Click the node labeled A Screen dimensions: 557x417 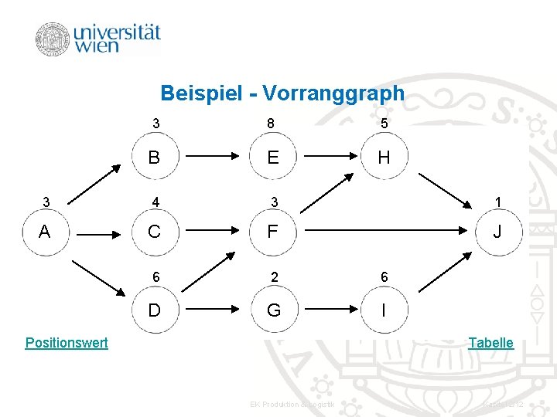[44, 231]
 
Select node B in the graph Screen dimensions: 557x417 [155, 158]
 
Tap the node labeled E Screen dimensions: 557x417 [273, 158]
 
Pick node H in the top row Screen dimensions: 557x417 [384, 158]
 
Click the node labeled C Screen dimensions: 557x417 [155, 231]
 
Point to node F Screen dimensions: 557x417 [273, 231]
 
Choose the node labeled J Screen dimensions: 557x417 [497, 231]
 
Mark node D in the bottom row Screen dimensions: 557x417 [155, 310]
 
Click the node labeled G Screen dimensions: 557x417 [273, 310]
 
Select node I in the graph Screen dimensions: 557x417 [384, 310]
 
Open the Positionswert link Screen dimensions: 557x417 [67, 343]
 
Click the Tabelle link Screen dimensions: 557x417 [490, 343]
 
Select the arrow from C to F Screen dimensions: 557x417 [214, 230]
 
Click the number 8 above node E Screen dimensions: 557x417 [270, 124]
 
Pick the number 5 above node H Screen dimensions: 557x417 [384, 124]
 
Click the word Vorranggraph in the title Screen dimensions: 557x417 [333, 94]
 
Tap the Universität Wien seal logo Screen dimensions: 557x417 [53, 39]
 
